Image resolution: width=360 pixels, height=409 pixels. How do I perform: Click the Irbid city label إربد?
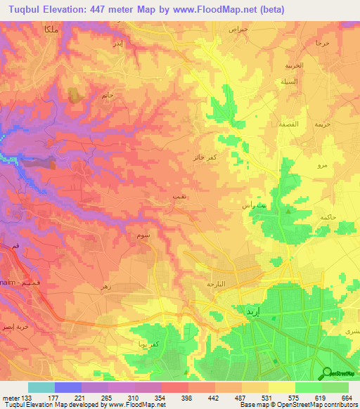247,310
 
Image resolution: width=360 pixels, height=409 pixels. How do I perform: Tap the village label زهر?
107,287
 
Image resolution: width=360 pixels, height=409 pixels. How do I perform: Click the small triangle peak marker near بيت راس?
287,209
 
